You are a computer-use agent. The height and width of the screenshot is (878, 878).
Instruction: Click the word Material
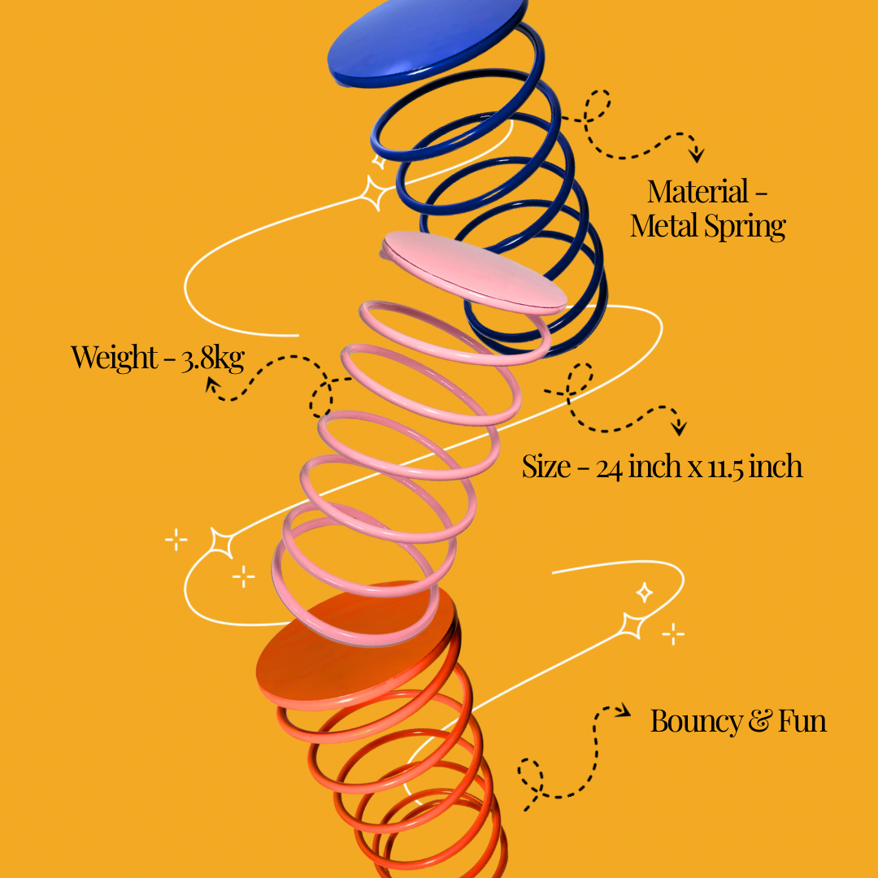(x=698, y=193)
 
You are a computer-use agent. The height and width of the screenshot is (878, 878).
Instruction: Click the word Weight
(x=114, y=358)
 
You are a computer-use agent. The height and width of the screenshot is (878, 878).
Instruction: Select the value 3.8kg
(x=212, y=359)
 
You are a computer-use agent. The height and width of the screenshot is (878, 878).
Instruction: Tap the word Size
(x=546, y=467)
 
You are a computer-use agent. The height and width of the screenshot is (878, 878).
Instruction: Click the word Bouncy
(x=697, y=722)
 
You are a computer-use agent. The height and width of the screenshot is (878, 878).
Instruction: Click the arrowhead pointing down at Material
(x=696, y=154)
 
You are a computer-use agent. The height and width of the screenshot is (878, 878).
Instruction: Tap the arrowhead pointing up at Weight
(x=212, y=383)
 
